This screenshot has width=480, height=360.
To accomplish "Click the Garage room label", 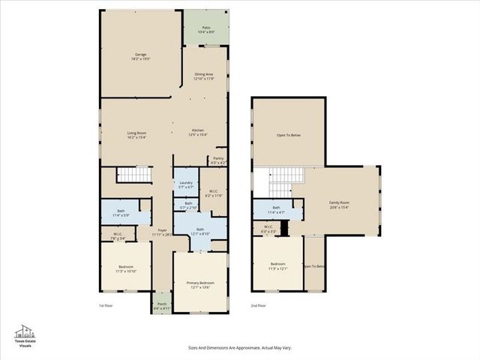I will [140, 56].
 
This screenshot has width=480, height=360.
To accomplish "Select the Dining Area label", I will [205, 76].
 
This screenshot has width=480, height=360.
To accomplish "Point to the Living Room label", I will [136, 135].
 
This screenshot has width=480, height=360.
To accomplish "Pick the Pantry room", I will [217, 160].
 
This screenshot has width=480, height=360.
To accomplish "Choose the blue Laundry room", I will [184, 184].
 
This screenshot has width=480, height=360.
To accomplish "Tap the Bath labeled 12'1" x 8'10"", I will [199, 232].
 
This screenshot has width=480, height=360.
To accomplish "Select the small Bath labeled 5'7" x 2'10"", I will [184, 205].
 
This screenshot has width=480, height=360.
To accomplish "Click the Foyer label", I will [162, 232].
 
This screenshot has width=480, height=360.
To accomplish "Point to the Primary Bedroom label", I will [199, 284].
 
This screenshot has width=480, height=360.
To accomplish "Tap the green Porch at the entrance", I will [162, 306].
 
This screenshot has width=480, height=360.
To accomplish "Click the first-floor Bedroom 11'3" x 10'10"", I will [125, 269].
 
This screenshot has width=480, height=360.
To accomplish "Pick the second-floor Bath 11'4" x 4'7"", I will [276, 210].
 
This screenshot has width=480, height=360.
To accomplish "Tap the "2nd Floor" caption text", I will [259, 306].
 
